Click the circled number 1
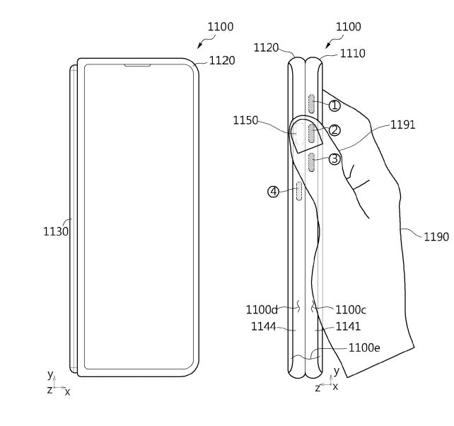coord(334,106)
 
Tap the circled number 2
coord(334,130)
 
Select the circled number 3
coord(334,159)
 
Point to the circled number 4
coord(273,191)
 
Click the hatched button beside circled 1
coord(311,104)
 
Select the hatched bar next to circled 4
coord(299,191)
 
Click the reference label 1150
coord(245,120)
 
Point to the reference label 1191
coord(402,125)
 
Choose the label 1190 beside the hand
coord(436,237)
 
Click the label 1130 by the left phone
coord(55,231)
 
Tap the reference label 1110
coord(353,52)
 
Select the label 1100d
coord(261,309)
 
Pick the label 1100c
coord(350,309)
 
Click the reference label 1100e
coord(364,347)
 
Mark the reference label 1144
coord(263,326)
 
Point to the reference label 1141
coord(349,326)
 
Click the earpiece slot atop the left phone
coord(138,67)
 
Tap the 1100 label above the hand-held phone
coord(348,27)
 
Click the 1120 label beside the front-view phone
coord(221,61)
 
